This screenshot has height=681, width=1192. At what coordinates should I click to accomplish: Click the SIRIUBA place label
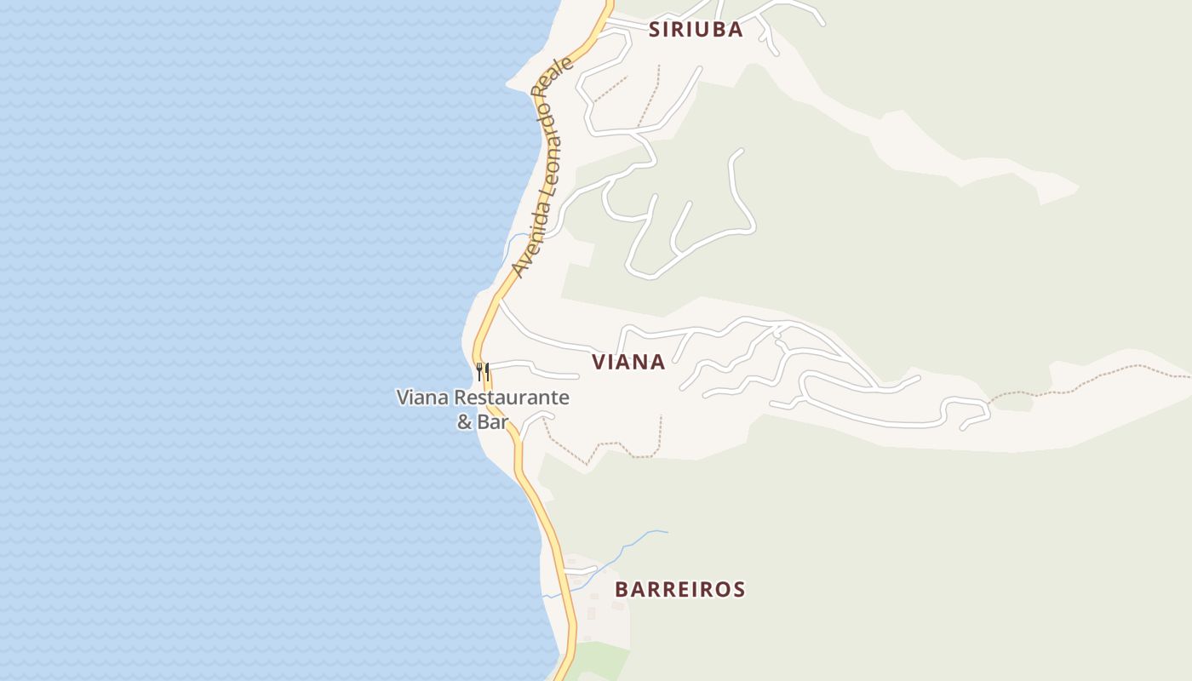(x=696, y=30)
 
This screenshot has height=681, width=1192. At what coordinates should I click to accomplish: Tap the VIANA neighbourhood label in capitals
(x=628, y=362)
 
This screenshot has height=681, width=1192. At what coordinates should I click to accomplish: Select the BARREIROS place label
(x=680, y=589)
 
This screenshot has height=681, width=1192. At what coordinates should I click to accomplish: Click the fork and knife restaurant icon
(x=483, y=371)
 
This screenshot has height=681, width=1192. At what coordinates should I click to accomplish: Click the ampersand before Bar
(x=464, y=421)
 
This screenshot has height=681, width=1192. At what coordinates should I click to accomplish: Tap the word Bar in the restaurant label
(x=494, y=421)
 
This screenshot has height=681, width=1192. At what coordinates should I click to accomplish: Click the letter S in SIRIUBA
(x=656, y=30)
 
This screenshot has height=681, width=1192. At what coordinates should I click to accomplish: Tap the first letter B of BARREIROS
(x=622, y=589)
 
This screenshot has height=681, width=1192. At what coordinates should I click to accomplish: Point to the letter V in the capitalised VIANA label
(x=599, y=362)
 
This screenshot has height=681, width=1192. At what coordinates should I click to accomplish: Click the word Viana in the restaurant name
(x=423, y=398)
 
